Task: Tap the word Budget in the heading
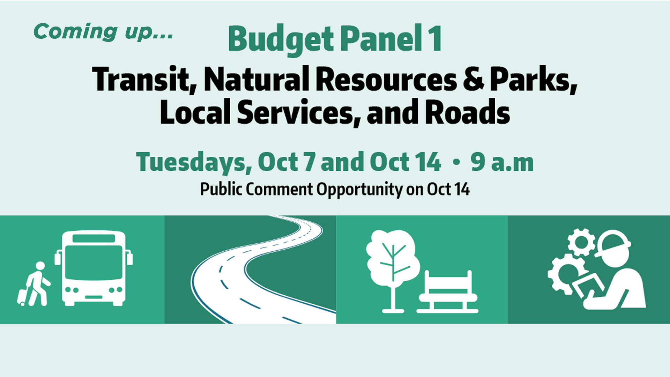click(281, 39)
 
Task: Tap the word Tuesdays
click(194, 163)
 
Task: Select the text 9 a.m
click(502, 162)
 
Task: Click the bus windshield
click(94, 262)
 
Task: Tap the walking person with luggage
click(35, 284)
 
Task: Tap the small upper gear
click(581, 242)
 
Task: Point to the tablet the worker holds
click(589, 286)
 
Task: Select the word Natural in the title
click(257, 79)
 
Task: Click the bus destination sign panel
click(94, 238)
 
